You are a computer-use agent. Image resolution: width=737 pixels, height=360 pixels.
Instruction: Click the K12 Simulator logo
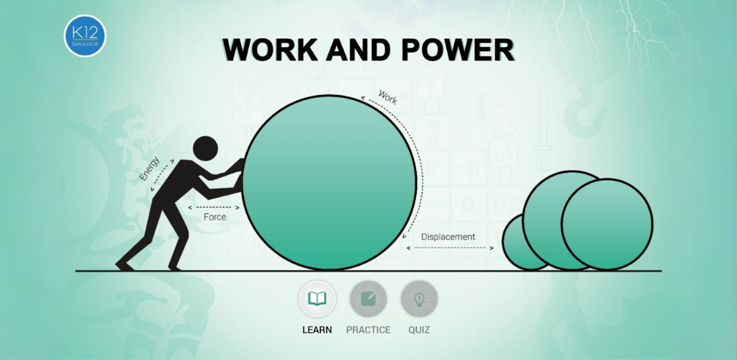[85, 36]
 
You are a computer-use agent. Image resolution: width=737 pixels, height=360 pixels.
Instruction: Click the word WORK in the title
[271, 50]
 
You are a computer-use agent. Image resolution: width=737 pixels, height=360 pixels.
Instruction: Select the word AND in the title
[360, 50]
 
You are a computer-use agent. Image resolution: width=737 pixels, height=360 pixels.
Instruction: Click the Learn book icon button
[317, 299]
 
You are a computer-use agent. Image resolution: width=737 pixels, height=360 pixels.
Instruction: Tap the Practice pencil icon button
[368, 299]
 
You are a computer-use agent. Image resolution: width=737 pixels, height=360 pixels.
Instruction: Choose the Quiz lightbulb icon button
[420, 299]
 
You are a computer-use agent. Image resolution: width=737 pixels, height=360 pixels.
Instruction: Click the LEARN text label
[317, 330]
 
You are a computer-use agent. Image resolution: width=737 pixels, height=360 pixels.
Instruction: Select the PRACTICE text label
[368, 330]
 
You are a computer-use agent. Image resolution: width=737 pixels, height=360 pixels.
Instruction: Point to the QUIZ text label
[419, 330]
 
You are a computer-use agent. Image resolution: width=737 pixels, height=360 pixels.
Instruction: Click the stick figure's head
[205, 148]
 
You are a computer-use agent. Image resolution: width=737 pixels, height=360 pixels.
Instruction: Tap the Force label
[214, 217]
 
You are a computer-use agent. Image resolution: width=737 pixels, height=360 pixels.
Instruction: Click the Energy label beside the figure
[150, 168]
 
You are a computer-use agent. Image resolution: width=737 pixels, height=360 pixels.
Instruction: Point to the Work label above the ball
[388, 96]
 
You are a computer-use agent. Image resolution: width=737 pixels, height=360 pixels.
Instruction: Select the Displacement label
[448, 237]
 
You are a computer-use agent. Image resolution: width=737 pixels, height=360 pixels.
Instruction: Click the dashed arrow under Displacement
[451, 248]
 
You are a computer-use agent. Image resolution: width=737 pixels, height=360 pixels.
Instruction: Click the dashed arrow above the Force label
[214, 207]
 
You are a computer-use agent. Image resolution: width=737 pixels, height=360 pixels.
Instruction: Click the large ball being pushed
[329, 183]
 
